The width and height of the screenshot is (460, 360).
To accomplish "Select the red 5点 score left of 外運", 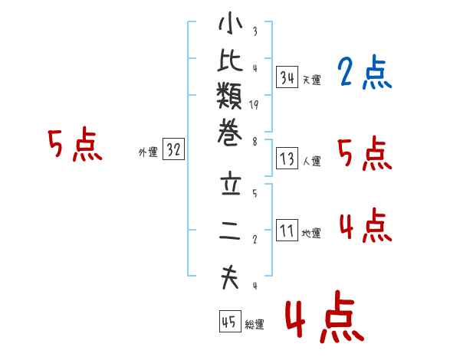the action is click(74, 145).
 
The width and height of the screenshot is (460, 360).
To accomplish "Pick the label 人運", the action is click(312, 162).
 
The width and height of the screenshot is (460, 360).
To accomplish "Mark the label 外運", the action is click(148, 152).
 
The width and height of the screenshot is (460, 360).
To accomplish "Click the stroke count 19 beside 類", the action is click(254, 106).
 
